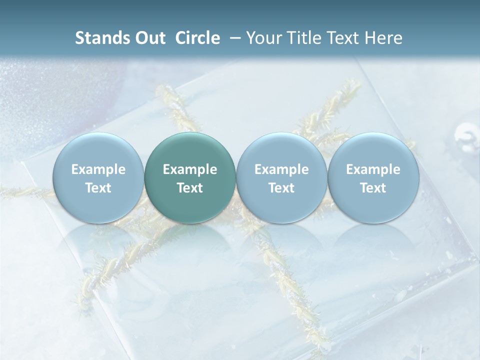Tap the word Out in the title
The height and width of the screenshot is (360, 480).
click(x=149, y=38)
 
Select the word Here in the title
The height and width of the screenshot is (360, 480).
click(x=384, y=38)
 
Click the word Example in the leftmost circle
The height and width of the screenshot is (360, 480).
click(x=98, y=169)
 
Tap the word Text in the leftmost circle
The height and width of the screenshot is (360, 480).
click(x=98, y=188)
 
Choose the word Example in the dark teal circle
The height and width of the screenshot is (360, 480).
click(x=190, y=169)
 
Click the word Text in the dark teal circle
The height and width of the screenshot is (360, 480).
click(x=190, y=188)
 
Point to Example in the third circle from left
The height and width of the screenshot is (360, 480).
click(x=281, y=169)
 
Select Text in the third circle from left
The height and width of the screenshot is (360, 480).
click(x=281, y=188)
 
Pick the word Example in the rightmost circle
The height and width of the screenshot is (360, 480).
click(x=373, y=169)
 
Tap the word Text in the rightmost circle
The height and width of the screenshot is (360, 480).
click(x=373, y=188)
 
